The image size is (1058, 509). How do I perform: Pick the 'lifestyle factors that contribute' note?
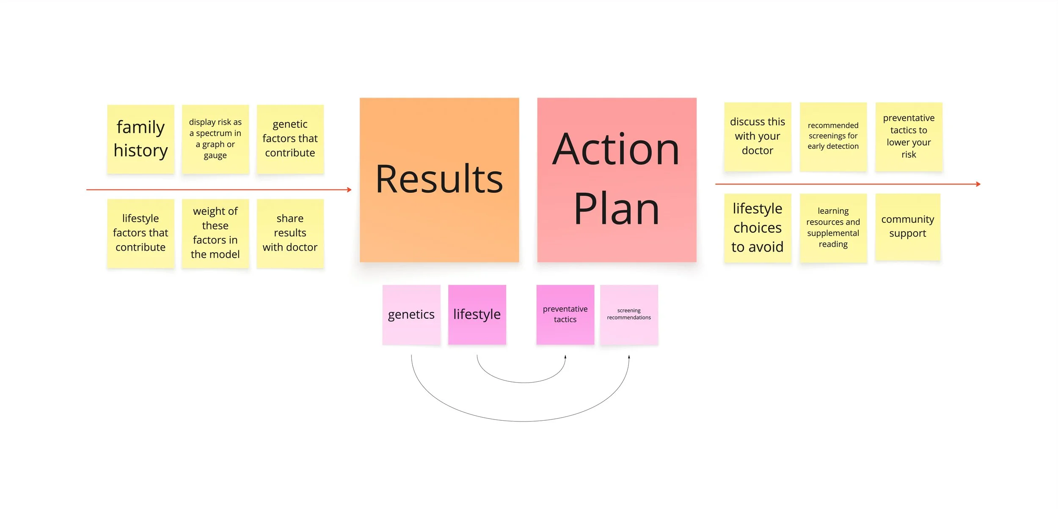[141, 233]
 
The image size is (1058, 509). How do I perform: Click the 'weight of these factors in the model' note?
[215, 233]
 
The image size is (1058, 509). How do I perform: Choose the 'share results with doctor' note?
[290, 233]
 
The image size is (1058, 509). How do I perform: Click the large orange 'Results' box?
[439, 180]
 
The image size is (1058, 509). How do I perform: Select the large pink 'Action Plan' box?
[617, 180]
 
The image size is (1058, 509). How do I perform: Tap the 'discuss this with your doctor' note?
[758, 136]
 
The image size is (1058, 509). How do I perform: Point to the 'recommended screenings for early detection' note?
[833, 136]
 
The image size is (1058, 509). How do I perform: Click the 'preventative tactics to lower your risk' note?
[909, 136]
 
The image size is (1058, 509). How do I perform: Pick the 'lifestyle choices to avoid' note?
[758, 228]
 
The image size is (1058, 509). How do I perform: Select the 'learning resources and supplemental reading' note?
[833, 228]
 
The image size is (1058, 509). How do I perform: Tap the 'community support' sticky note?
[908, 227]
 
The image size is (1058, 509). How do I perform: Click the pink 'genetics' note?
[411, 315]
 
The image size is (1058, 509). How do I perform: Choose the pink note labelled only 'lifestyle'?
[477, 315]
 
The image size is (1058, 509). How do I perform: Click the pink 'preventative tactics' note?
[565, 315]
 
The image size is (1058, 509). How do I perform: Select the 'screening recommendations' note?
[629, 315]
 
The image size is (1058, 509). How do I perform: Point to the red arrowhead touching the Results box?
[349, 190]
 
